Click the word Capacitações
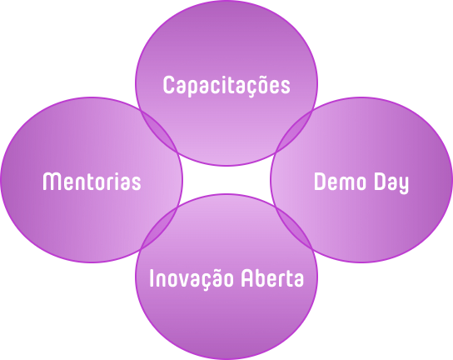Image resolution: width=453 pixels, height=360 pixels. click(x=226, y=85)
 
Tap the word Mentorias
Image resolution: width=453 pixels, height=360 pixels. click(x=92, y=181)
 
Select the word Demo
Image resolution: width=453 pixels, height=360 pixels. click(x=340, y=182)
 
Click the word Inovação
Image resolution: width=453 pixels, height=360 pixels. click(x=192, y=278)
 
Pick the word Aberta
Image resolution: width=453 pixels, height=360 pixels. click(x=272, y=277)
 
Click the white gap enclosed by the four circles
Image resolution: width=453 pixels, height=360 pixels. click(x=226, y=179)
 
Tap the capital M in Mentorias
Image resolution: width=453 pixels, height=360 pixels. click(x=52, y=182)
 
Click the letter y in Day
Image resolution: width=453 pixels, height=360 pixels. click(x=403, y=185)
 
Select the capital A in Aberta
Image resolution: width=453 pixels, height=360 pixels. click(x=247, y=278)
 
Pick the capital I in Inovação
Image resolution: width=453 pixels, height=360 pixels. click(x=151, y=278)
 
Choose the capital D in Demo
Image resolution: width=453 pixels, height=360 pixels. click(x=320, y=182)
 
